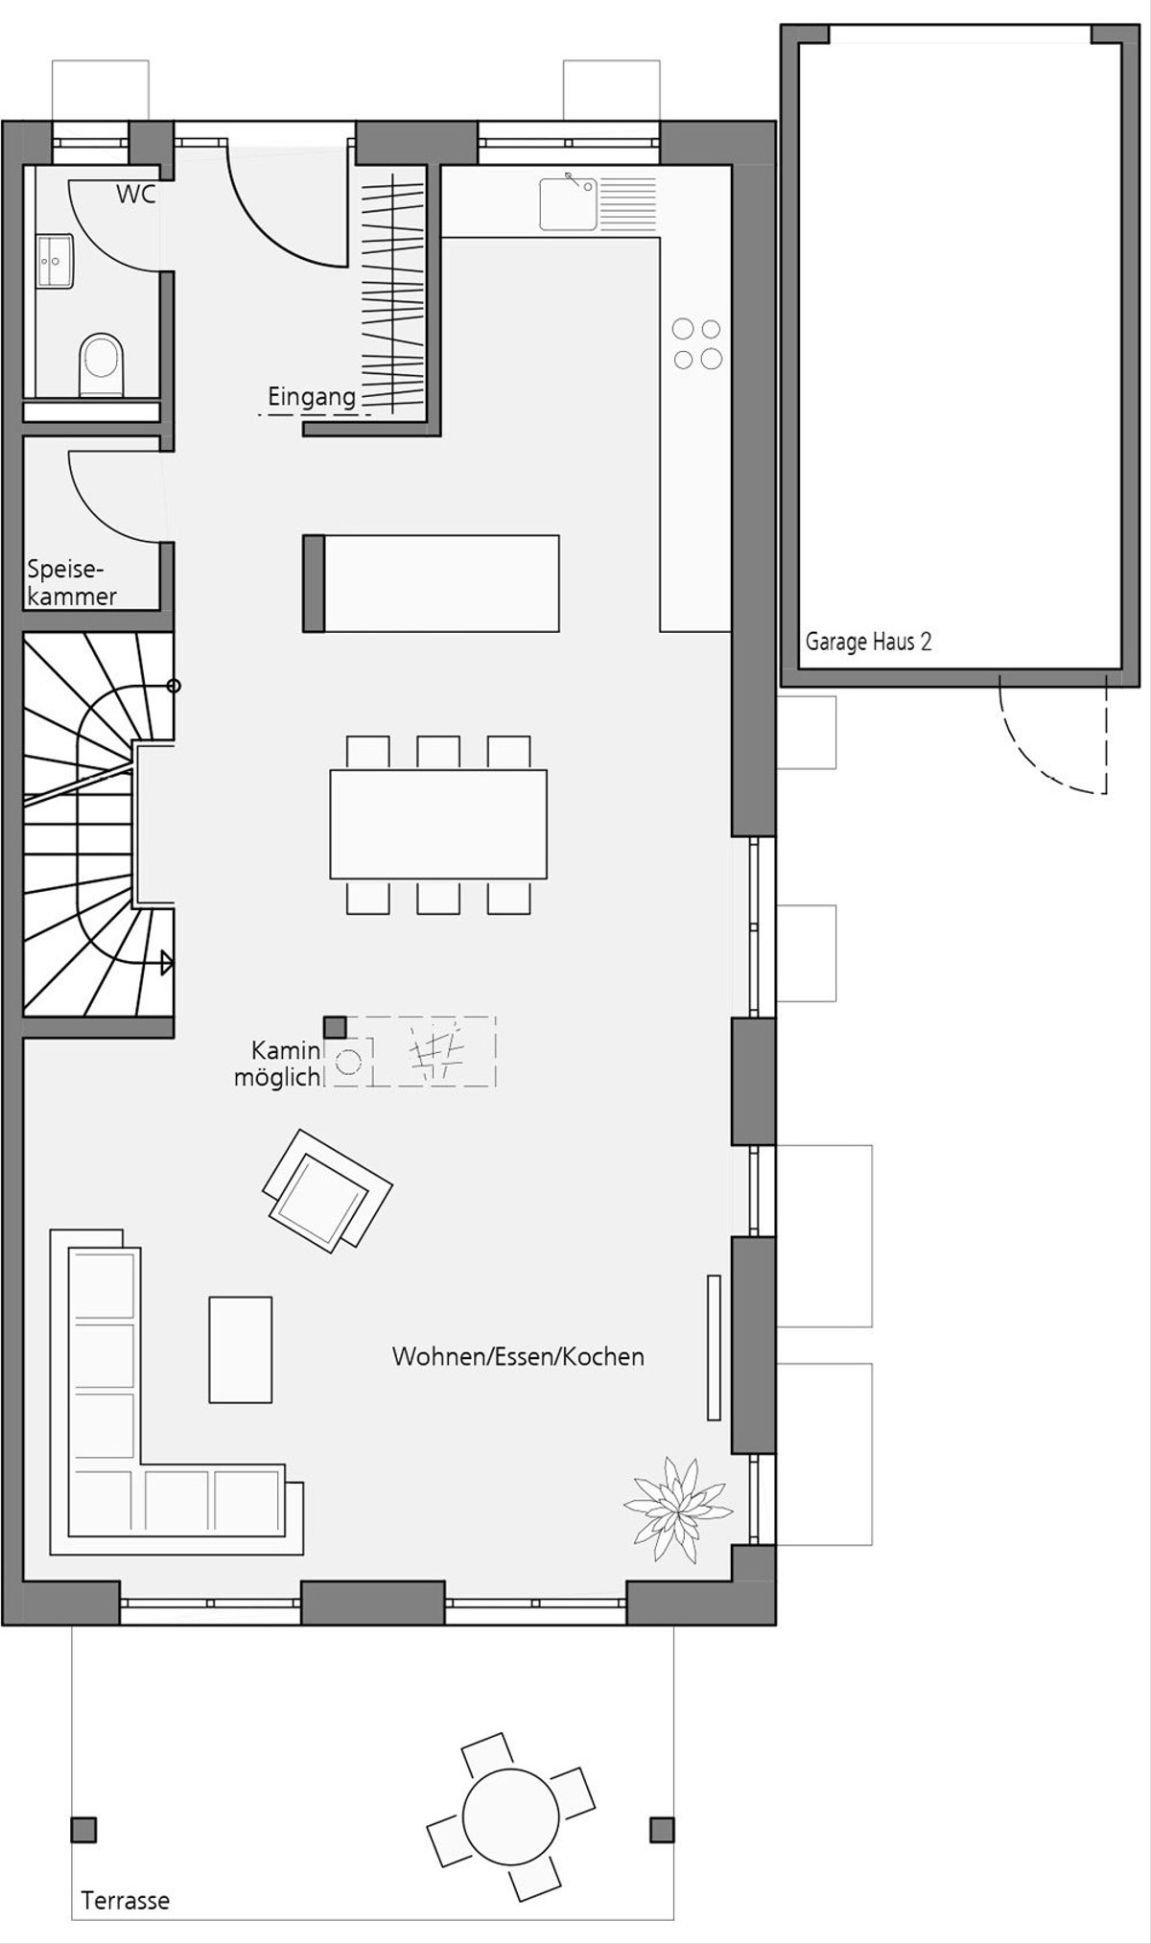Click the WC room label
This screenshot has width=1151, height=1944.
pos(135,194)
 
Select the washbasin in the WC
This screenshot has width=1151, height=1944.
pos(55,261)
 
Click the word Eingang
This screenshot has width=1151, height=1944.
pos(312,396)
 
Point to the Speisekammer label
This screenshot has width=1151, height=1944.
pos(72,582)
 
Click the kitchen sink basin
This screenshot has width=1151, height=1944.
pos(568,203)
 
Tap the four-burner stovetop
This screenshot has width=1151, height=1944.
pos(697,343)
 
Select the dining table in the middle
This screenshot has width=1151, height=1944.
pos(438,824)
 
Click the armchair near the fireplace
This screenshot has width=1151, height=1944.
pos(327,1190)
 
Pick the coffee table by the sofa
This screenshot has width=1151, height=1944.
pos(241,1349)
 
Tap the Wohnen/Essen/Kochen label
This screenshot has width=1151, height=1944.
pos(518,1356)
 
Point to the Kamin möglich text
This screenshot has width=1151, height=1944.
pos(277,1064)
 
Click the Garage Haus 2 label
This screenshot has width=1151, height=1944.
pos(868,642)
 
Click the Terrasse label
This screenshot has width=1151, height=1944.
pos(126,1900)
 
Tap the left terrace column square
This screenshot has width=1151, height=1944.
pos(84,1829)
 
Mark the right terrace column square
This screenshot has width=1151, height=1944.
pos(662,1829)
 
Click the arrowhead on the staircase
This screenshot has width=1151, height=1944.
pos(167,962)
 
